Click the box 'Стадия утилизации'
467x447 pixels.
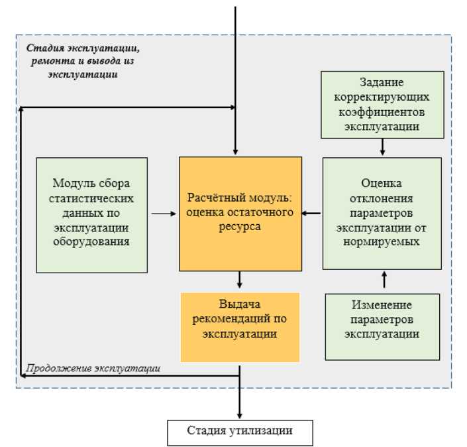[239, 432]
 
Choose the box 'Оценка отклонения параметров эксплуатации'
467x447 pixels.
[382, 213]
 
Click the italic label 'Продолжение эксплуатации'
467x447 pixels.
[93, 368]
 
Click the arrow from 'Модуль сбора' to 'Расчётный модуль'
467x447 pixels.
[163, 214]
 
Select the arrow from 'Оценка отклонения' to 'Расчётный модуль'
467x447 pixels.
[312, 214]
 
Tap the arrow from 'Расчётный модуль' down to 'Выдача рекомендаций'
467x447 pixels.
[240, 281]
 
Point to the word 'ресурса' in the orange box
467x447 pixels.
[240, 226]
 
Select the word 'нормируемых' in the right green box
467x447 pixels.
[382, 242]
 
